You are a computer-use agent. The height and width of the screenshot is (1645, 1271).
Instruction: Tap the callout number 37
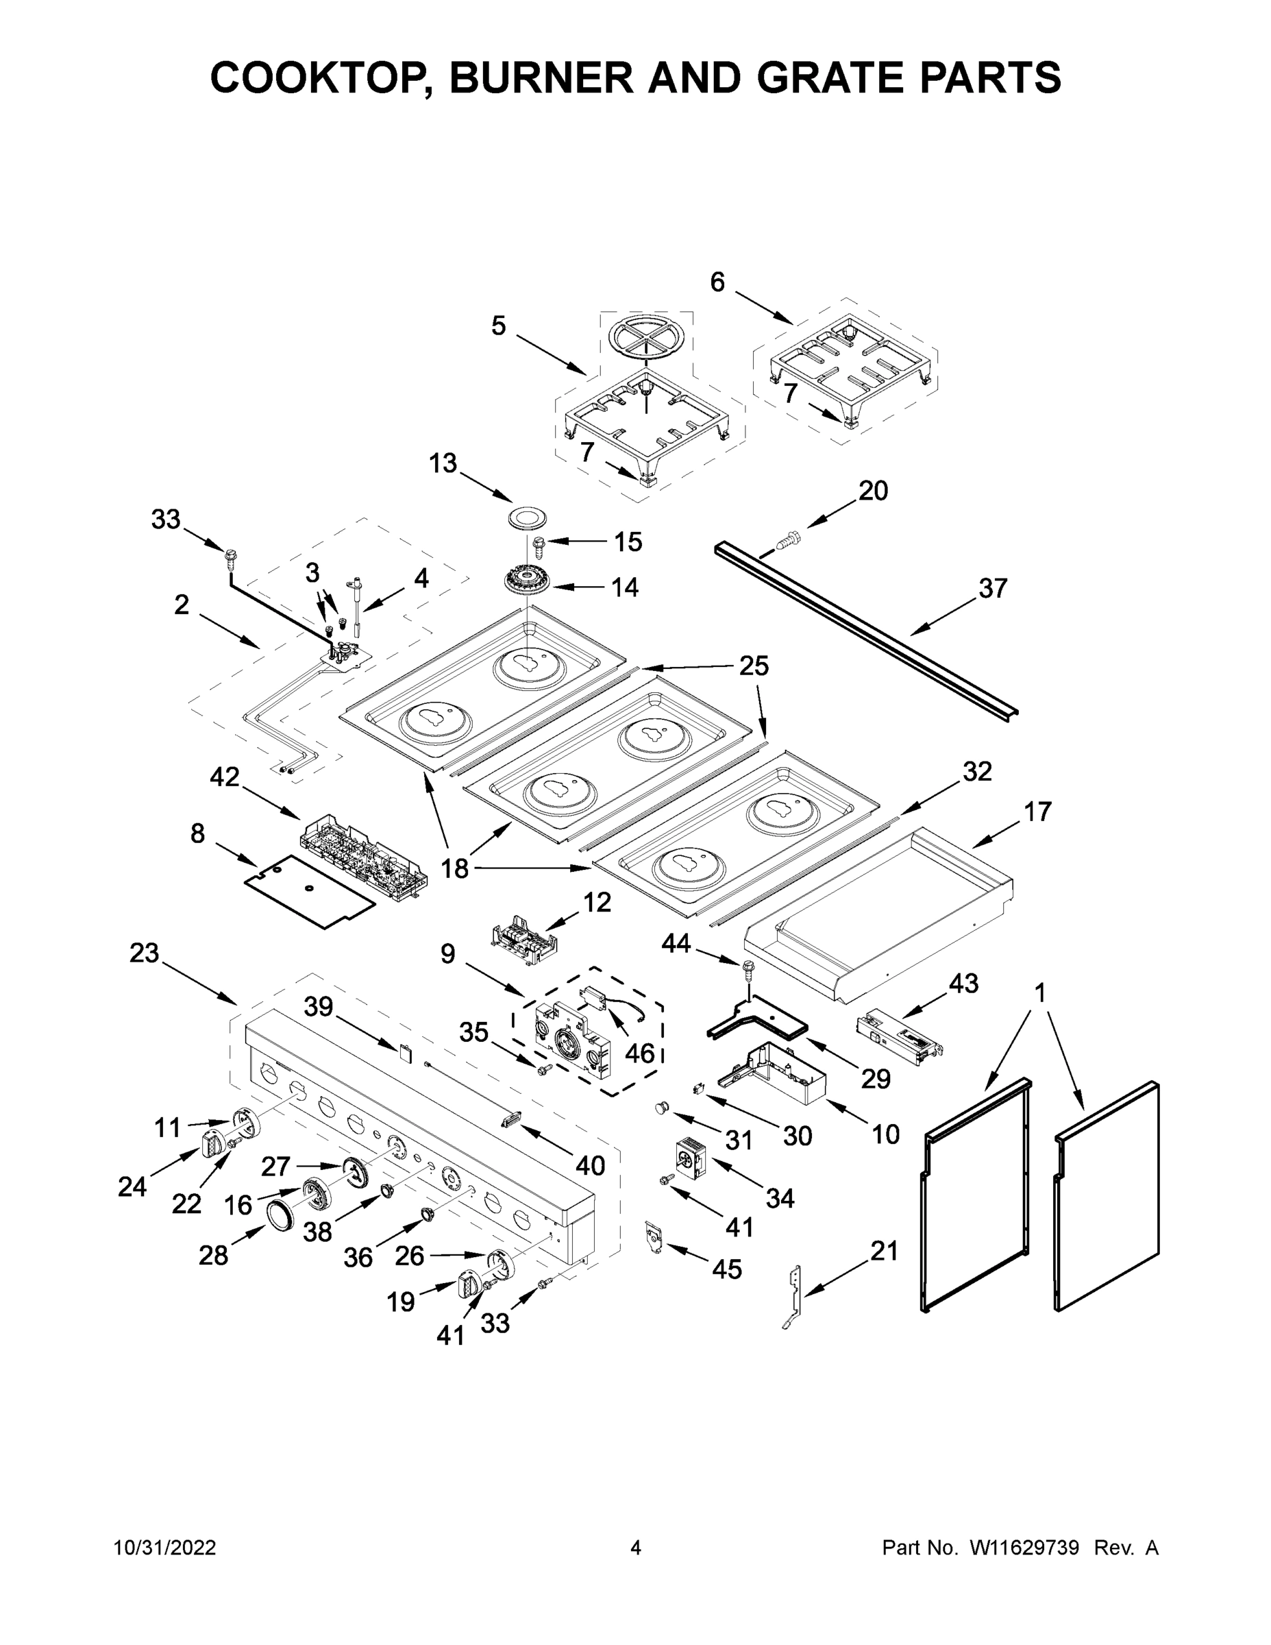click(991, 588)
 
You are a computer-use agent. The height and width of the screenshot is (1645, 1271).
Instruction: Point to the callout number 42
click(224, 777)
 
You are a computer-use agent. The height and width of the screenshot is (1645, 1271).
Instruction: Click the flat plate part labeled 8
click(310, 891)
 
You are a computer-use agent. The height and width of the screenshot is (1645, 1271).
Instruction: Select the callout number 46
click(640, 1052)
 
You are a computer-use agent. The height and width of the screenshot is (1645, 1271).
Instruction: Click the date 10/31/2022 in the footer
click(165, 1548)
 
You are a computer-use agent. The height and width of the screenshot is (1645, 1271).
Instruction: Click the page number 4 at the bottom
click(636, 1548)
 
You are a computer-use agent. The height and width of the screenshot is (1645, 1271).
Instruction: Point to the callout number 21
click(884, 1251)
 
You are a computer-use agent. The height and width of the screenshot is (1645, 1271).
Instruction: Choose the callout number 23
click(144, 953)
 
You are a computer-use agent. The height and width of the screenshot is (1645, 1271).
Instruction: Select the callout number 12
click(597, 902)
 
